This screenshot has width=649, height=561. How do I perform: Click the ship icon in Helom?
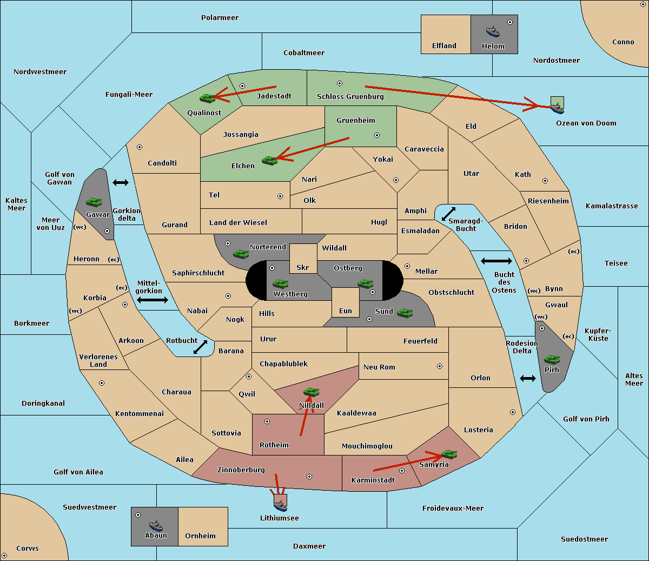[x=493, y=31]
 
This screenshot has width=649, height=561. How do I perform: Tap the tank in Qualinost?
[x=208, y=98]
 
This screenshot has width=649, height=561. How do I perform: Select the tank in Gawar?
[x=94, y=202]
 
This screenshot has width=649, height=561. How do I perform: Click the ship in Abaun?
[x=156, y=525]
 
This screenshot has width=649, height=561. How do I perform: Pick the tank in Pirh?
[x=552, y=359]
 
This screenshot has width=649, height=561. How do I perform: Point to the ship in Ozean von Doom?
[x=557, y=108]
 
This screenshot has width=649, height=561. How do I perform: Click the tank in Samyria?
[x=449, y=454]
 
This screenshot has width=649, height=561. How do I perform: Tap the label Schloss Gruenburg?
[x=350, y=97]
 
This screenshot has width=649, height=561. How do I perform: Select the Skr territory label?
[x=303, y=268]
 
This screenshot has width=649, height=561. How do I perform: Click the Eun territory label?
[x=346, y=311]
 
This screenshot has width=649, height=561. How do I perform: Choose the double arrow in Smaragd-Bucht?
[x=448, y=214]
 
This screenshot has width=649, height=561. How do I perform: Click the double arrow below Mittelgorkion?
[x=153, y=300]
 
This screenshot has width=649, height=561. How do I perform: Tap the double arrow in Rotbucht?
[x=200, y=347]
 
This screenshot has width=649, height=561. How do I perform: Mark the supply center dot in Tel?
[x=280, y=196]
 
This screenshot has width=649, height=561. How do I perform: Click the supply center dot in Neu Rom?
[x=440, y=366]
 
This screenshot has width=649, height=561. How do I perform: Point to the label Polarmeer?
[x=220, y=18]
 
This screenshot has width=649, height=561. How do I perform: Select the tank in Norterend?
[x=241, y=254]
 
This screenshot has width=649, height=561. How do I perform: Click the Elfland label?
[x=444, y=46]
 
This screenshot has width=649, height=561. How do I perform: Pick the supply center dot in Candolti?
[x=140, y=147]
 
